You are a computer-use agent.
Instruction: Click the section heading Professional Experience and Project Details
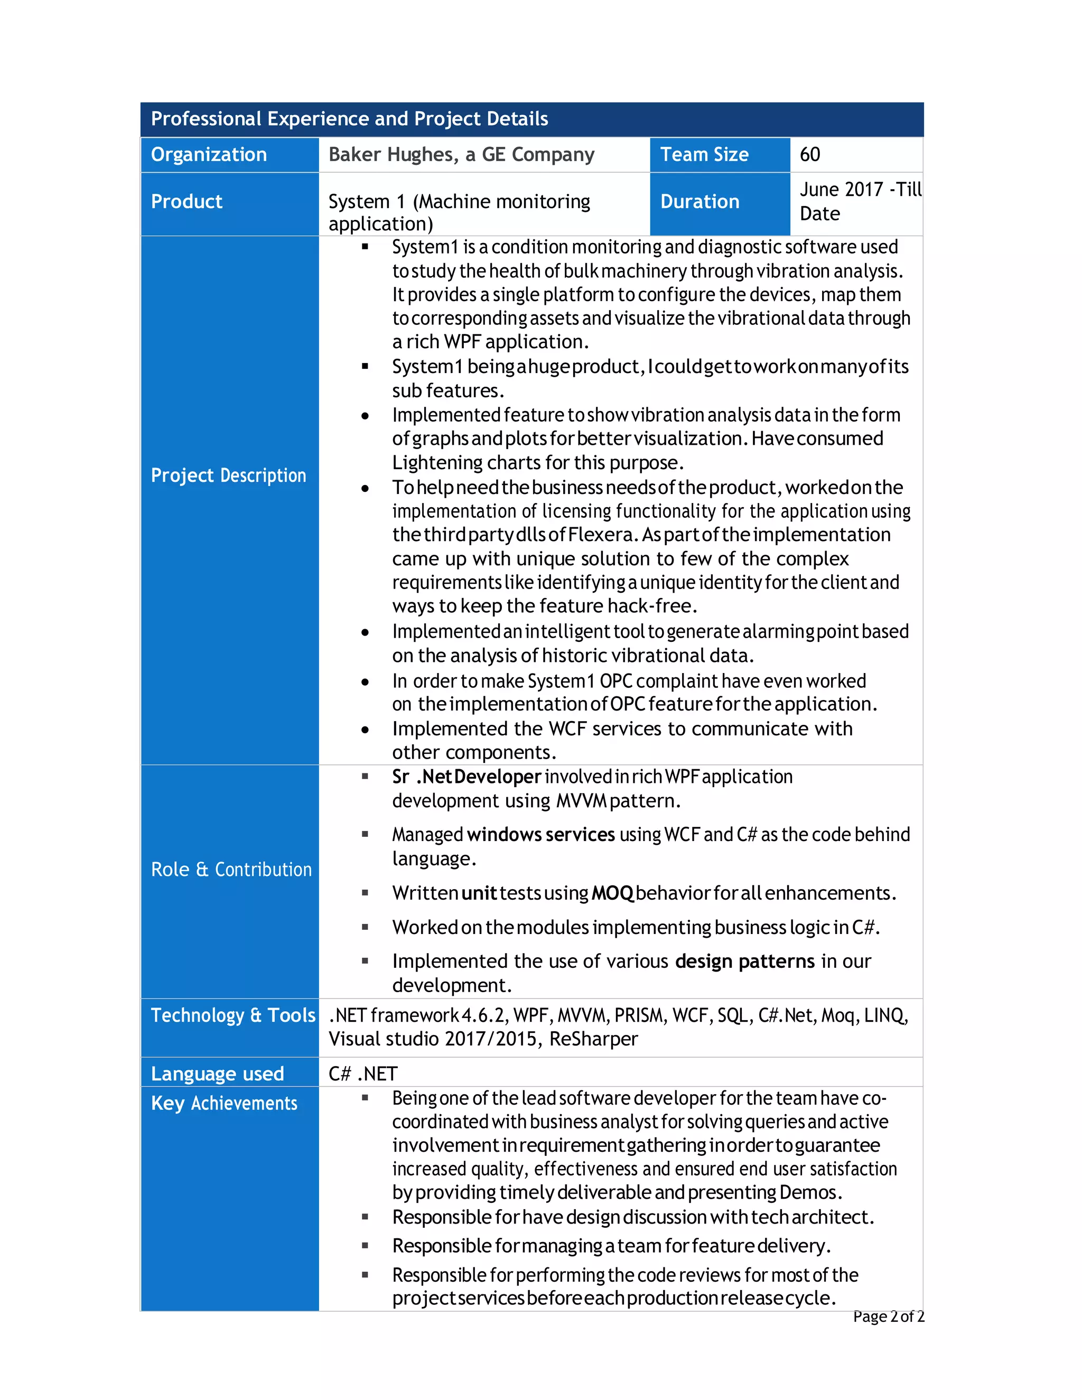click(x=349, y=118)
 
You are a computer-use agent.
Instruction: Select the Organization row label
click(x=209, y=154)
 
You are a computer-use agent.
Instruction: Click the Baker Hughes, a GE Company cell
click(x=462, y=154)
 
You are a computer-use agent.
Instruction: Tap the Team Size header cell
click(x=704, y=154)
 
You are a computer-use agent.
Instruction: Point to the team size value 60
click(x=809, y=154)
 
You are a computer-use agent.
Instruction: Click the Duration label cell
click(x=700, y=202)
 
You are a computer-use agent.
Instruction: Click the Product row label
click(x=186, y=202)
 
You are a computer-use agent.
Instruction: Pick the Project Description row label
click(x=228, y=475)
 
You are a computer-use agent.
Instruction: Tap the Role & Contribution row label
click(x=231, y=870)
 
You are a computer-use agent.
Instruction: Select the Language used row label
click(x=217, y=1074)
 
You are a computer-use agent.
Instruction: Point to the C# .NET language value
click(x=363, y=1074)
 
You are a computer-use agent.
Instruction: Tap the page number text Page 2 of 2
click(x=889, y=1317)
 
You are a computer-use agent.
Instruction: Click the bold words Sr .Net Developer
click(x=467, y=777)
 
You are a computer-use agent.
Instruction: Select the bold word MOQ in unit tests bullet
click(x=613, y=893)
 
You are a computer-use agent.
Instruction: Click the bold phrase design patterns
click(x=745, y=962)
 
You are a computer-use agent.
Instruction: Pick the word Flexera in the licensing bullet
click(x=601, y=535)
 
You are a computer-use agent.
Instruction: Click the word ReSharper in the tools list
click(x=593, y=1039)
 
